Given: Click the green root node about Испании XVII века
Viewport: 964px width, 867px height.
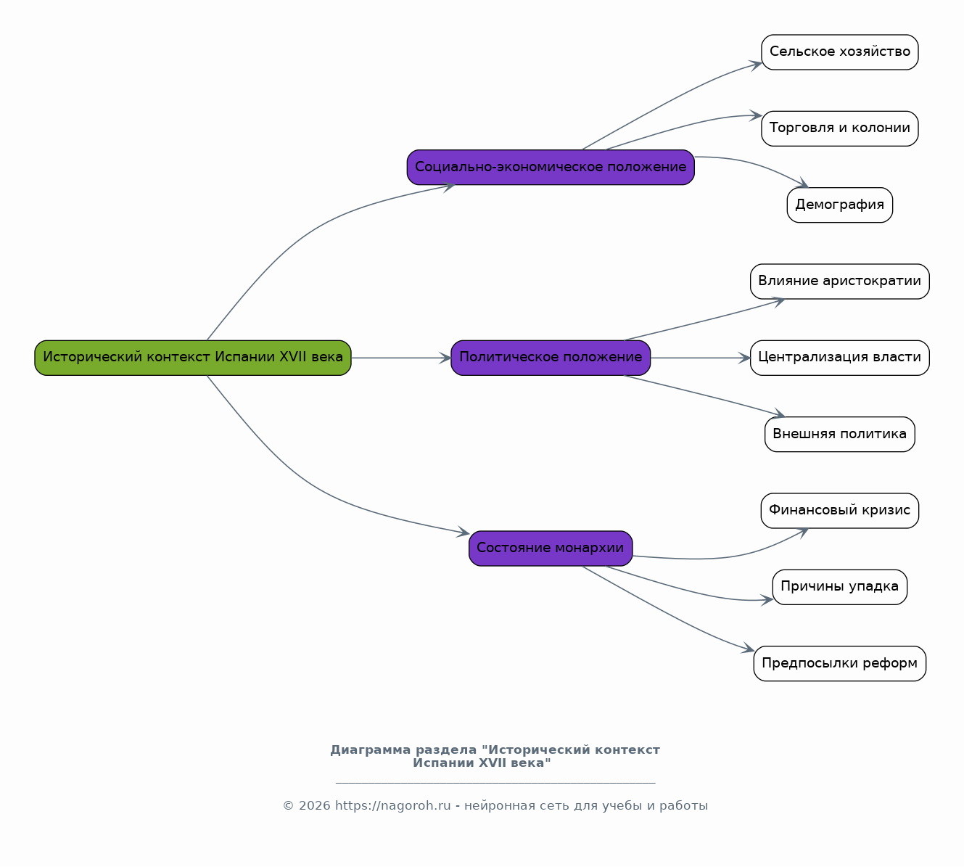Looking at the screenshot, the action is click(193, 358).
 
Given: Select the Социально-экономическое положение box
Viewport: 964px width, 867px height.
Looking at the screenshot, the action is click(551, 168).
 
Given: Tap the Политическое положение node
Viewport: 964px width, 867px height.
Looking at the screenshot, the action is click(551, 358).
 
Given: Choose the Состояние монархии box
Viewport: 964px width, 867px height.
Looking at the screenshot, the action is click(551, 548).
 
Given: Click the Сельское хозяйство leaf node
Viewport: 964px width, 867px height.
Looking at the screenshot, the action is click(840, 52).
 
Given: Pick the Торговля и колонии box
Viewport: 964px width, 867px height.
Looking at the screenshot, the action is click(840, 128).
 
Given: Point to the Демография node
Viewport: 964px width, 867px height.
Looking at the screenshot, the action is click(840, 205).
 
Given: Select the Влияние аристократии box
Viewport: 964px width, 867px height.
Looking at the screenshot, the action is click(840, 282).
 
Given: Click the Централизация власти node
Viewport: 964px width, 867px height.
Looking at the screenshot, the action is click(840, 358).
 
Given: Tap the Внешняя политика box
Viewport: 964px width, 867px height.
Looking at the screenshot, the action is click(840, 434).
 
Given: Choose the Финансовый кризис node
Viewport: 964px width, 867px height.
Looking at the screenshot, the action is click(840, 511).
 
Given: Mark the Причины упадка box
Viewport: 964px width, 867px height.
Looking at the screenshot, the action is click(840, 587).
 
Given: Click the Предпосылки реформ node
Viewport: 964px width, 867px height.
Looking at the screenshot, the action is click(840, 664).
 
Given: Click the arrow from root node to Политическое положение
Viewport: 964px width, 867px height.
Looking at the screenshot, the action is click(401, 358).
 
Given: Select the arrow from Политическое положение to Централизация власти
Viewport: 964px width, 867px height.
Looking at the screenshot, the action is click(701, 358).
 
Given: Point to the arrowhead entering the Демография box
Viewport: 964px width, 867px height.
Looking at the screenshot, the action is click(803, 184).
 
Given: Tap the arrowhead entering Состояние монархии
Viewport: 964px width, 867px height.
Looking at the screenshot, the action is click(464, 533).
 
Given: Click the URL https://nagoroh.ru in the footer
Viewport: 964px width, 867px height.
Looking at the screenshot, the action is click(393, 806).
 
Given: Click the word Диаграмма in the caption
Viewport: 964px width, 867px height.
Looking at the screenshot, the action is click(371, 750).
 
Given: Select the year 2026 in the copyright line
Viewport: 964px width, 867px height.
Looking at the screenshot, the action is click(315, 806).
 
